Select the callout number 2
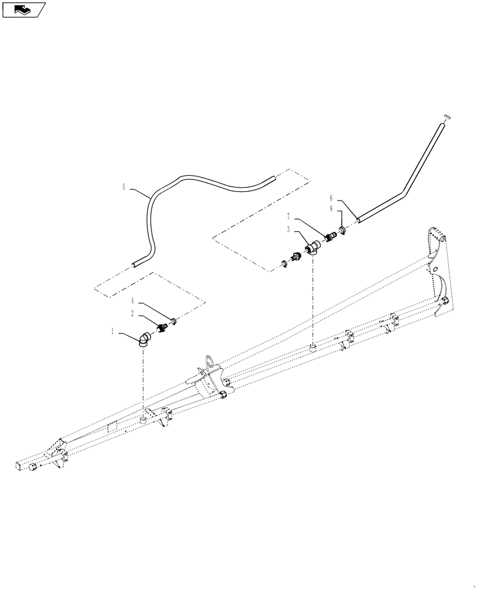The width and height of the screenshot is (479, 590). click(132, 313)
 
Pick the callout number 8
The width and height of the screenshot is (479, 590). click(332, 208)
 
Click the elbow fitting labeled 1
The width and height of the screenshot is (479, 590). click(146, 339)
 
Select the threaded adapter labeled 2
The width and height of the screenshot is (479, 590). click(160, 327)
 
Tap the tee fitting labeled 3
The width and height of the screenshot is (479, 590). click(311, 247)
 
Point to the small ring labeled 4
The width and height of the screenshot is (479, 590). click(174, 322)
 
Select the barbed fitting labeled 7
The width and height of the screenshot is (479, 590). click(330, 237)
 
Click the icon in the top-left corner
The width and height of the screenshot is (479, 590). click(24, 9)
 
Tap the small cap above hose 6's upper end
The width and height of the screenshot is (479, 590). click(447, 117)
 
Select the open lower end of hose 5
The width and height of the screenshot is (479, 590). click(136, 265)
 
